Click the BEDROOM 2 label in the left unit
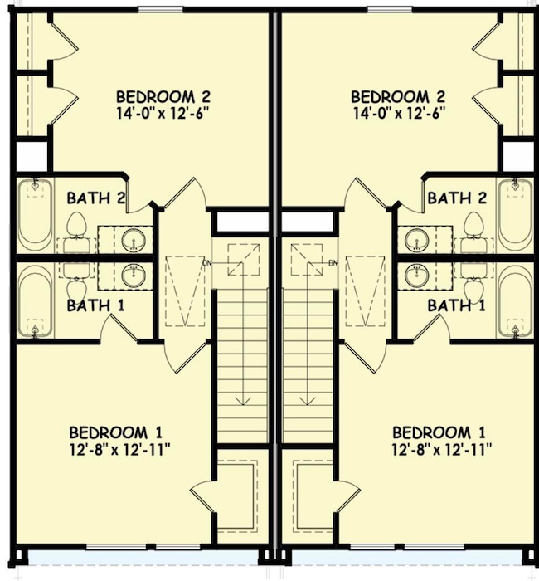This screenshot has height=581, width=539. [x=163, y=97]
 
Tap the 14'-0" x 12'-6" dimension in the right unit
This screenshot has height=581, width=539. [x=398, y=113]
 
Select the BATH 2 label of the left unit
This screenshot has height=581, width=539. [x=96, y=198]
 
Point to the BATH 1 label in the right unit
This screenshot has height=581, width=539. [x=456, y=305]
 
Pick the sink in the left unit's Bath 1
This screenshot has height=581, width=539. [x=133, y=276]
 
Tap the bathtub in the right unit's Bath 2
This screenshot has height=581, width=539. [x=515, y=215]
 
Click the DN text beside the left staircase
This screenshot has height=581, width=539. [x=207, y=263]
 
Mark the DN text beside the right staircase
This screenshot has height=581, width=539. [x=333, y=263]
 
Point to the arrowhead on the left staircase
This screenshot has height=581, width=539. [x=244, y=401]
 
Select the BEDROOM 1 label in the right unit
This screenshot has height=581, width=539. [x=439, y=432]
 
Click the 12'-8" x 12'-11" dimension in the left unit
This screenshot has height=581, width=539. [x=119, y=450]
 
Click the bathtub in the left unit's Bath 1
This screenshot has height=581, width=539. [x=35, y=301]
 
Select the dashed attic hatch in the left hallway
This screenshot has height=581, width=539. [x=185, y=290]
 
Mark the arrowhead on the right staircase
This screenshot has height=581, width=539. [x=308, y=401]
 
